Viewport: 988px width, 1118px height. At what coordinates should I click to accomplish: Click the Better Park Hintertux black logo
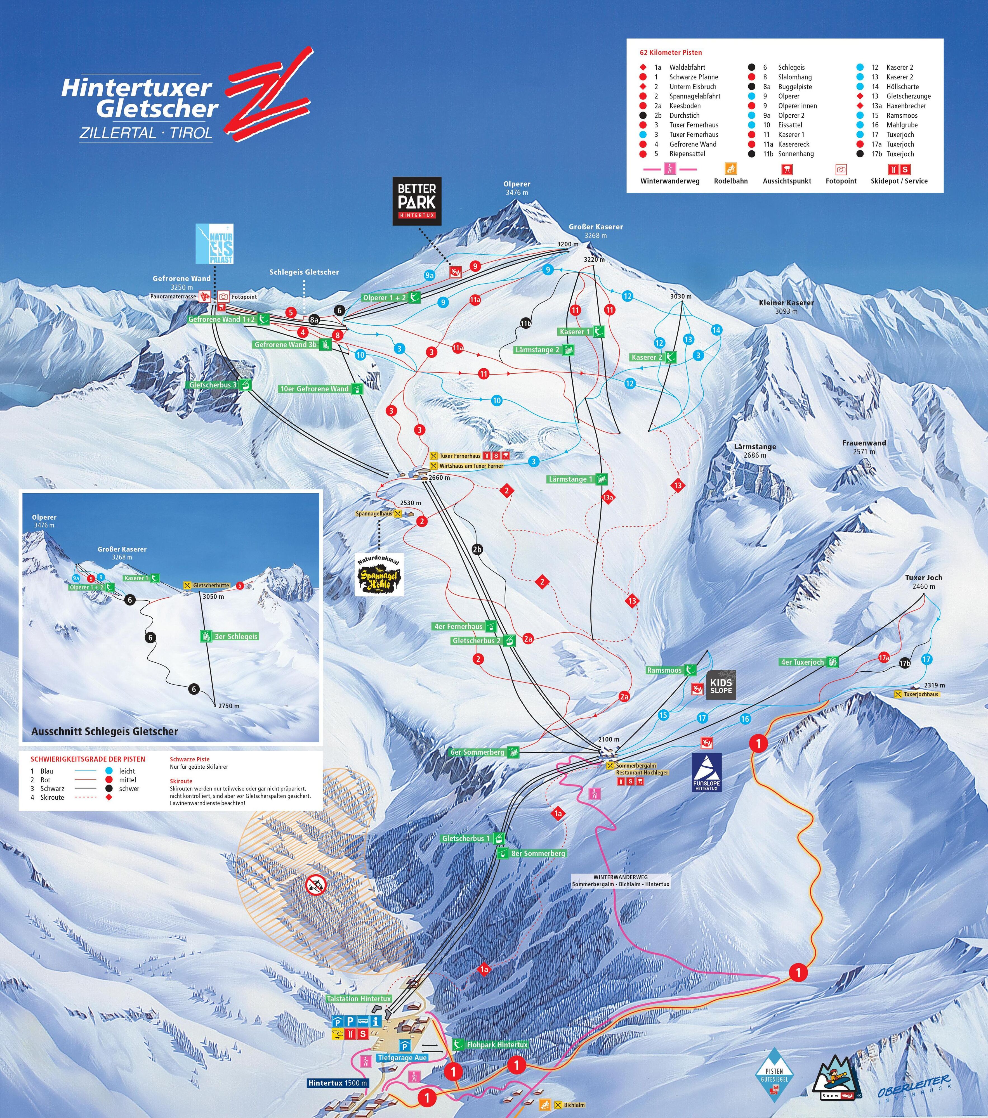pyautogui.click(x=417, y=201)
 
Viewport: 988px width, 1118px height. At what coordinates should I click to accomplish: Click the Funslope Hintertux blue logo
pyautogui.click(x=707, y=772)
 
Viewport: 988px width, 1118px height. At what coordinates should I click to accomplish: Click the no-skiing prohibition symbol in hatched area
pyautogui.click(x=316, y=883)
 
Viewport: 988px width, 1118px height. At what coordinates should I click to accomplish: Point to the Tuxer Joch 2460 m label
pyautogui.click(x=923, y=581)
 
